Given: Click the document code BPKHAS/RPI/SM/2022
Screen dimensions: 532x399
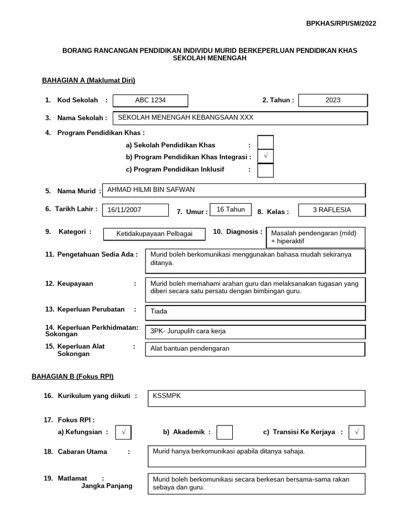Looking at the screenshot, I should (341, 23).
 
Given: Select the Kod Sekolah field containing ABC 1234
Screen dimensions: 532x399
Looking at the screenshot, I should (150, 100).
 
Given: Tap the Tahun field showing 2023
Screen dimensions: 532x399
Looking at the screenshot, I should (333, 100).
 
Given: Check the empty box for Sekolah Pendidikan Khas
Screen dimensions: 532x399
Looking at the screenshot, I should (265, 142).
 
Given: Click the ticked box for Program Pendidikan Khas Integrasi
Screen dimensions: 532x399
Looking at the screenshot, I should (265, 156).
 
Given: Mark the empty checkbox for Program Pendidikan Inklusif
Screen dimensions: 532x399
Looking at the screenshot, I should (265, 170).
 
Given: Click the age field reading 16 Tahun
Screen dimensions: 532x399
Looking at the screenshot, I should (230, 209).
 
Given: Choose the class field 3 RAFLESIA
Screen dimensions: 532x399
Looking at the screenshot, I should (331, 210).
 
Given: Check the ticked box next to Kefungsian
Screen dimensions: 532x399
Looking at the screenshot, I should (124, 432).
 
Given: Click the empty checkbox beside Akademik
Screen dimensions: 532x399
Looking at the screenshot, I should (224, 432).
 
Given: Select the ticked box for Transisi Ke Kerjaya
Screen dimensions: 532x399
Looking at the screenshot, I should (357, 432).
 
